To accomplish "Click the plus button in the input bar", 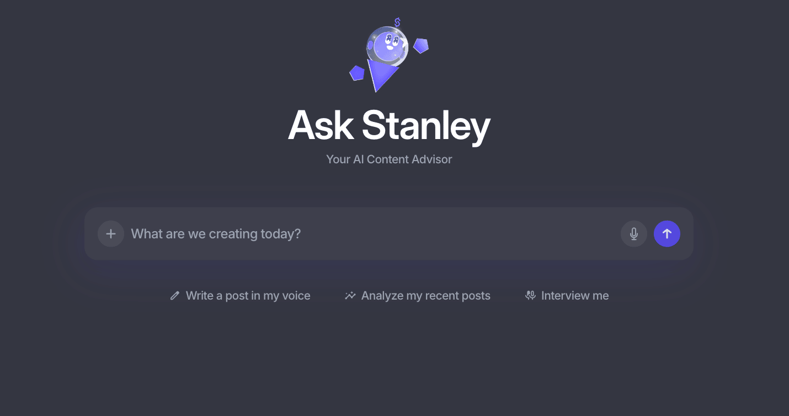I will (111, 234).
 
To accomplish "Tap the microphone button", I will (634, 234).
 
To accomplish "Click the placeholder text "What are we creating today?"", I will (216, 234).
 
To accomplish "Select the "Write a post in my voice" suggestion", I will (248, 296).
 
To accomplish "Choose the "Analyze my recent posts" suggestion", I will (425, 296).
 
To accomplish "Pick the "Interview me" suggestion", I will (575, 296).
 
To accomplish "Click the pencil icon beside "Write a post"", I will (175, 296).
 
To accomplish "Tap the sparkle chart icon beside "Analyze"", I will (350, 296).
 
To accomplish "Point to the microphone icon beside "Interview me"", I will (530, 296).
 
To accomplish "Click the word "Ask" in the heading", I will (321, 125).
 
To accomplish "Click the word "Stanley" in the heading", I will (426, 125).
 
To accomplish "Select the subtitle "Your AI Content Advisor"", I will (389, 159).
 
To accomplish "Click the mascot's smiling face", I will (390, 44).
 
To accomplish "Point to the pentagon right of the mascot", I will (421, 46).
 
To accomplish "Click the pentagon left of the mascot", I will (357, 73).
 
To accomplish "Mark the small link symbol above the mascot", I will (397, 23).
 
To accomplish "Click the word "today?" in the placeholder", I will (281, 234).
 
